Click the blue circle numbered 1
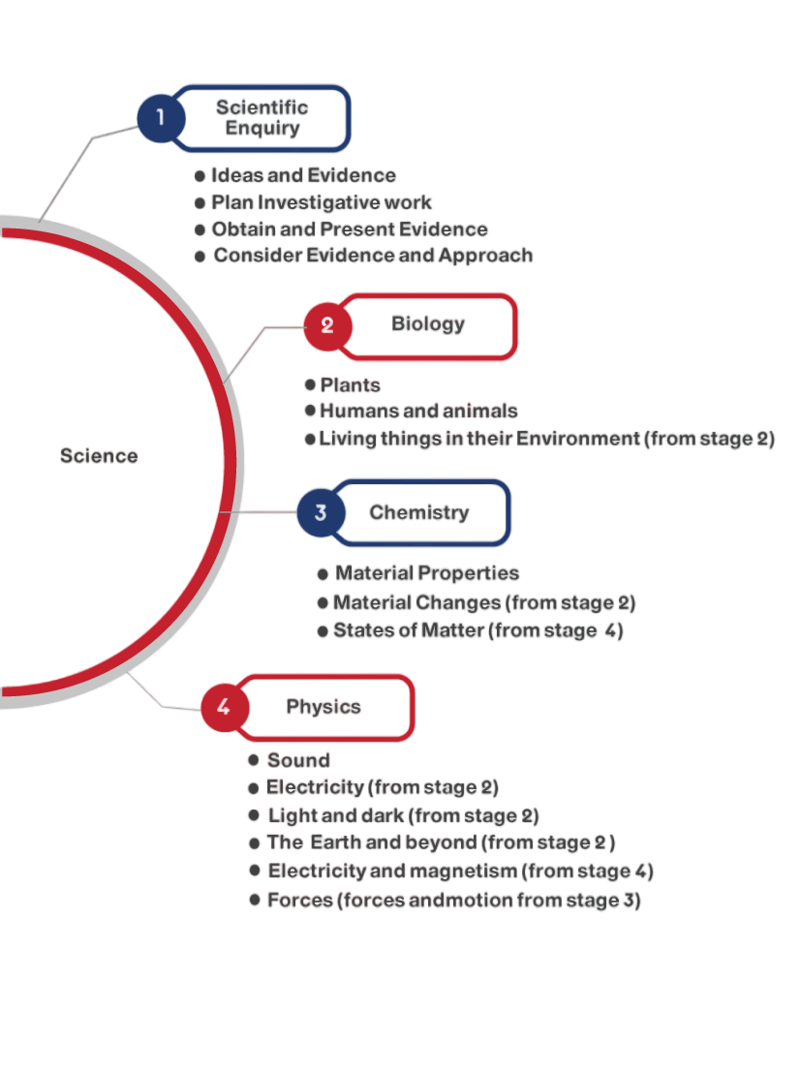[161, 118]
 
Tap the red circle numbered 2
[327, 325]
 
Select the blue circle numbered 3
[321, 512]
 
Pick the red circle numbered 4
[224, 707]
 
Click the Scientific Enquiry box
[263, 118]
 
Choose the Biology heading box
[429, 325]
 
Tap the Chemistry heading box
[420, 512]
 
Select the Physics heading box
[324, 707]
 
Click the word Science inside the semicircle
[99, 456]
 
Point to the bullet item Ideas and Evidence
[303, 175]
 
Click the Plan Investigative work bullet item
[321, 202]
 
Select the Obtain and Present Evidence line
[349, 229]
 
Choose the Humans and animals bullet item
[418, 411]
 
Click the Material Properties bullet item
[427, 573]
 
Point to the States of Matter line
[478, 630]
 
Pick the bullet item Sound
[298, 760]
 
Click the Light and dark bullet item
[403, 815]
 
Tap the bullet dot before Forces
[255, 900]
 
